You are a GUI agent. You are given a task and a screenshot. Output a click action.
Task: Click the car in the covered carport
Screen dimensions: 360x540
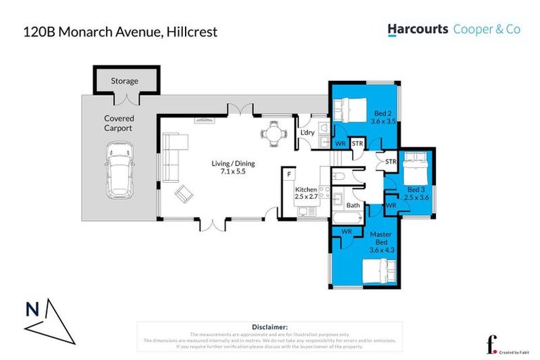(120, 171)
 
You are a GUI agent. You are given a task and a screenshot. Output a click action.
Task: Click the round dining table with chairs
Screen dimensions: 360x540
(273, 131)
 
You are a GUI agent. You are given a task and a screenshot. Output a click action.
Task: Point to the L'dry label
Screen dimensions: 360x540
(307, 133)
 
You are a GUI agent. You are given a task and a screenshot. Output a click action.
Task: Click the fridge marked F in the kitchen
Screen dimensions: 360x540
(288, 172)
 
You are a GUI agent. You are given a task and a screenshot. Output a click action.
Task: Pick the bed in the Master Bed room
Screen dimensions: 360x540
(378, 271)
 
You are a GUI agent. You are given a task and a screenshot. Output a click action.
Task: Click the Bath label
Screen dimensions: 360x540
(353, 206)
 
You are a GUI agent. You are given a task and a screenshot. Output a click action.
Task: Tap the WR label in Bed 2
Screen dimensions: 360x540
(340, 143)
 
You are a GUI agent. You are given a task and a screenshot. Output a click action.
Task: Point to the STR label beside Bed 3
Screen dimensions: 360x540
(391, 162)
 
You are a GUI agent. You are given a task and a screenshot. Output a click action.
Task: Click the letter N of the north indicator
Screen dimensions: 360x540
(32, 309)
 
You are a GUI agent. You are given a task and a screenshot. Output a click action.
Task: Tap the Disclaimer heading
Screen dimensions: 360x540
(269, 327)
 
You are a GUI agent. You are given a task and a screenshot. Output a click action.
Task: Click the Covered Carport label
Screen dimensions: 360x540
(118, 124)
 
